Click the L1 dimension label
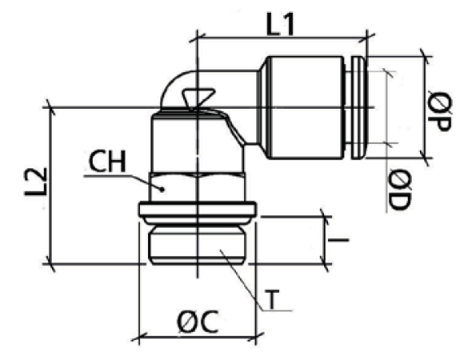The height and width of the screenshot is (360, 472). pos(280,24)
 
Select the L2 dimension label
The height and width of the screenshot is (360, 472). pos(36,182)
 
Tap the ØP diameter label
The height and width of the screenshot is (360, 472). pos(439,111)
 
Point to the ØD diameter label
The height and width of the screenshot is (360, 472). pos(399,190)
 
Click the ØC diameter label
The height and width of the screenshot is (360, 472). pos(198,322)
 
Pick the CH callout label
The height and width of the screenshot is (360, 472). pos(107,162)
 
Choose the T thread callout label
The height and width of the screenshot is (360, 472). pos(273,299)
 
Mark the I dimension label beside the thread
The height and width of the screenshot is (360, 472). pos(338,240)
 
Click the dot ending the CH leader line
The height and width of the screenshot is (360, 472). pos(162,190)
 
